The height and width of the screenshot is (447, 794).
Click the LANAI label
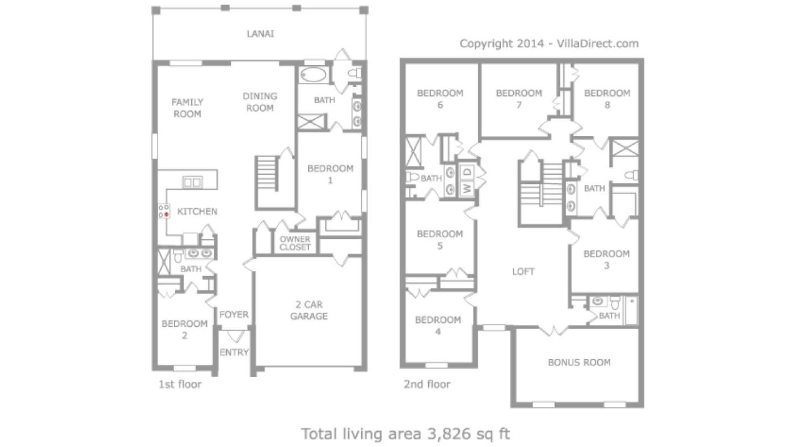[260, 33]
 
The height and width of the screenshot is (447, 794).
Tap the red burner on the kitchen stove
[166, 214]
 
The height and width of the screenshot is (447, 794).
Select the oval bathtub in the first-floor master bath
[313, 75]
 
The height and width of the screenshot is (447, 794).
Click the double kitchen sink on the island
[192, 182]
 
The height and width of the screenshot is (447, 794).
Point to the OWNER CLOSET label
[295, 243]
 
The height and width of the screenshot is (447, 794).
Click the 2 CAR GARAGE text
[309, 310]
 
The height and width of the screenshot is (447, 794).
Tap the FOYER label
[234, 314]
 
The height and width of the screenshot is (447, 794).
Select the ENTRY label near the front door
[234, 352]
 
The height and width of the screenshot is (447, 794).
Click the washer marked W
[467, 187]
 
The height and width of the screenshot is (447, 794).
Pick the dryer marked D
[467, 172]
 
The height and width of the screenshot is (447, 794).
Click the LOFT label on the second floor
[523, 272]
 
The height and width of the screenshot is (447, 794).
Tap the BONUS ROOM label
[579, 362]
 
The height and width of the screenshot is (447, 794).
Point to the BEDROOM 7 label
[519, 99]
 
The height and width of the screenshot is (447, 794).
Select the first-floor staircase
[267, 174]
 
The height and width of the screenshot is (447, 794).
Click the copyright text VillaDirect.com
[598, 44]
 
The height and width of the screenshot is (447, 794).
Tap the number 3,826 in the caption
[450, 434]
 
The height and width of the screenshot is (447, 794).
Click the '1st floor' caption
[180, 384]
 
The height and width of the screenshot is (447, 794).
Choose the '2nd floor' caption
[427, 384]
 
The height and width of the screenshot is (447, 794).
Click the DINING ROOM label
[260, 102]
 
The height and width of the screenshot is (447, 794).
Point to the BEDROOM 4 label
[438, 326]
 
